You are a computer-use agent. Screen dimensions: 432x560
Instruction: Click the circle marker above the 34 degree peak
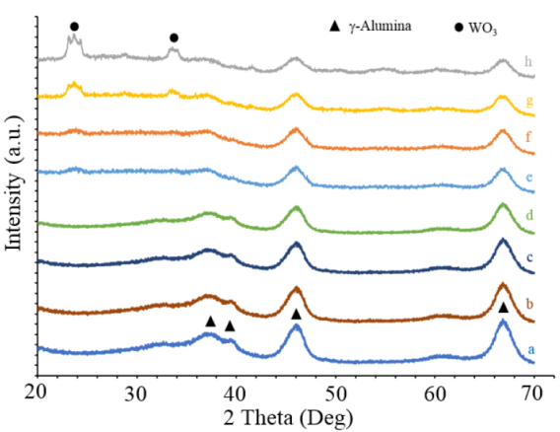(174, 37)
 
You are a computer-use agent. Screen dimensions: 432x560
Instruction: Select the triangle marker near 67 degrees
(503, 308)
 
